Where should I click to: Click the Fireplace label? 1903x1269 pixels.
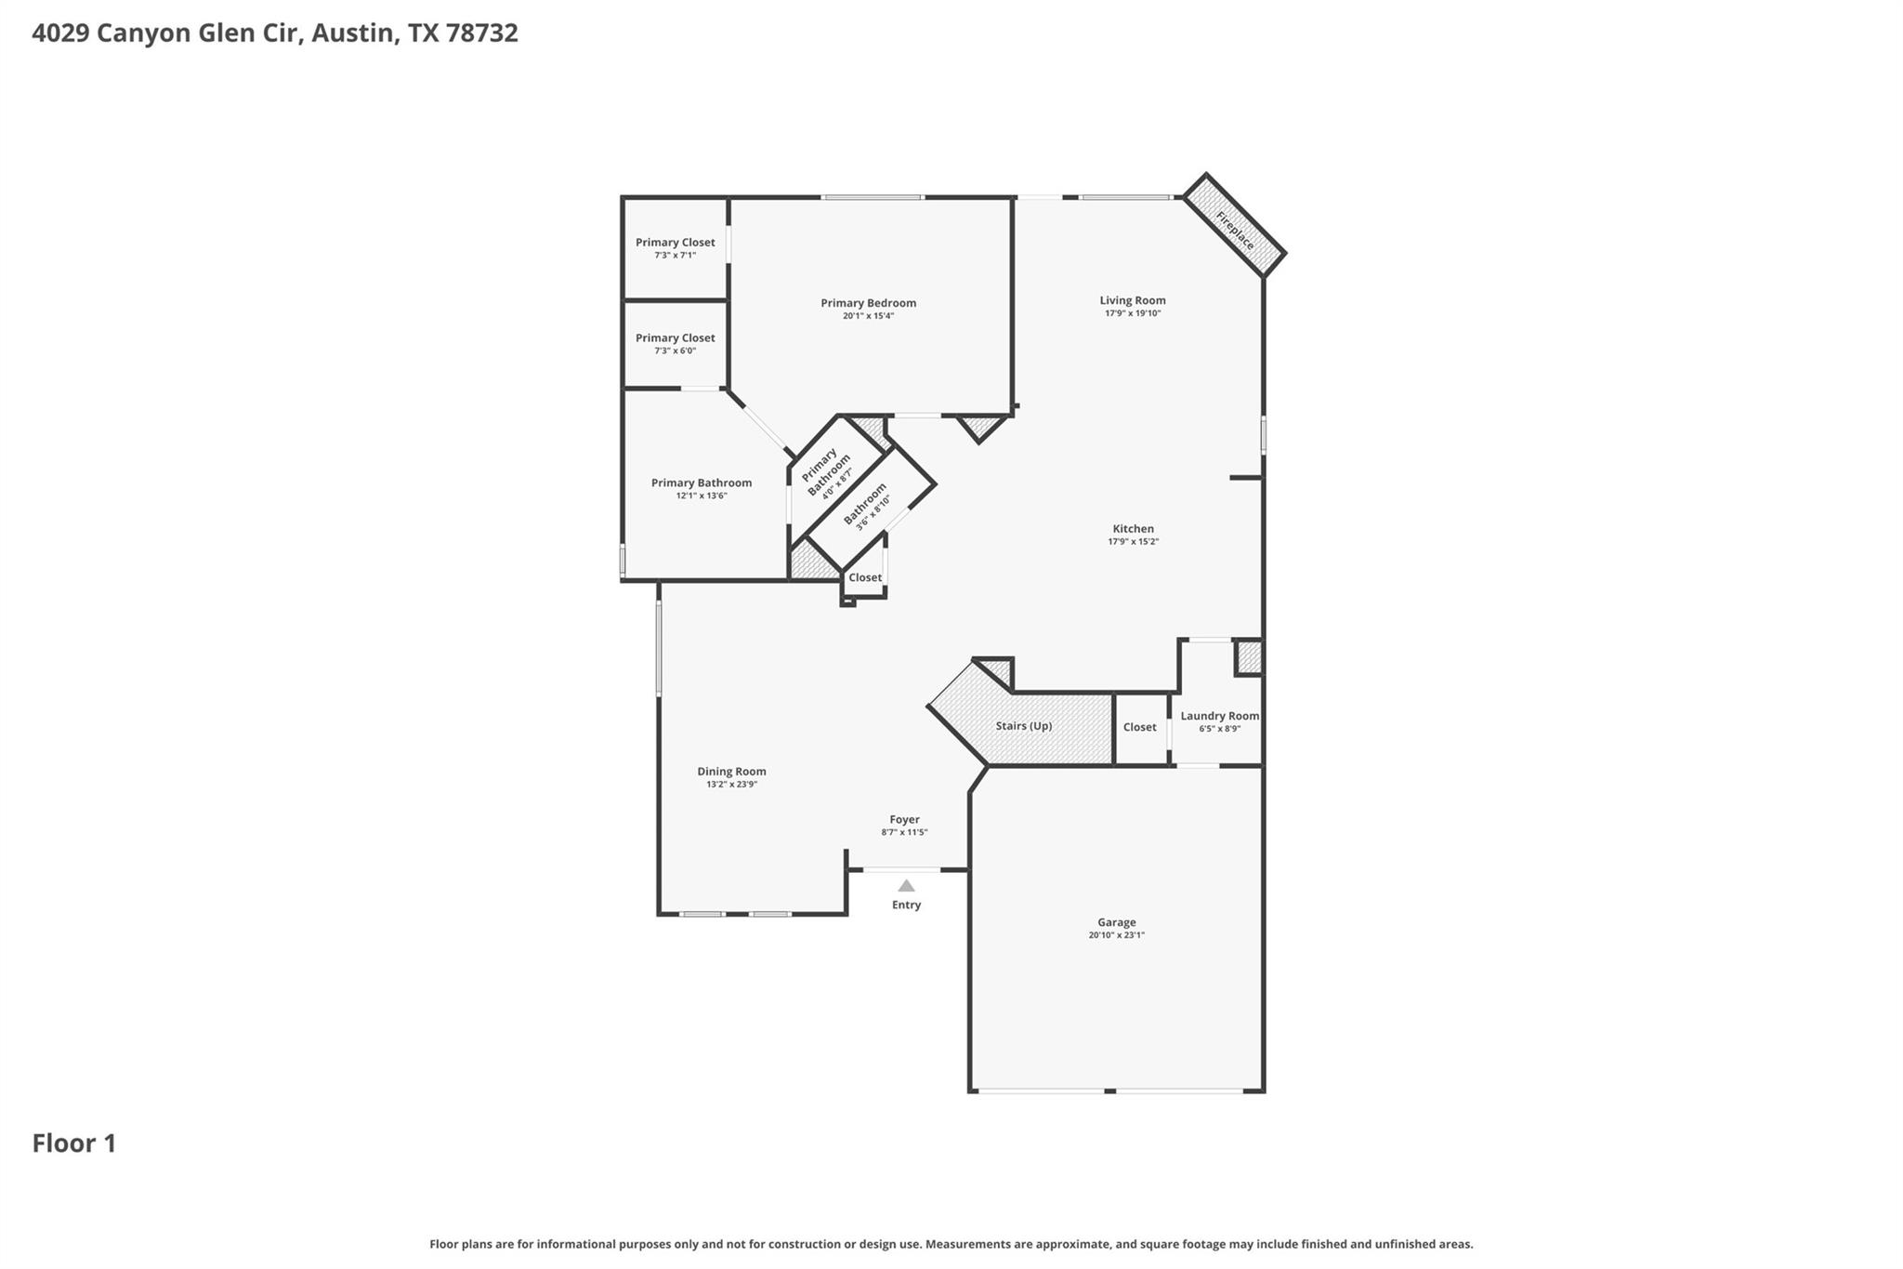(1235, 230)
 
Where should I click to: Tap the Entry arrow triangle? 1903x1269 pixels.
(906, 886)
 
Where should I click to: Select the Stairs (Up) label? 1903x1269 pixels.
(1023, 726)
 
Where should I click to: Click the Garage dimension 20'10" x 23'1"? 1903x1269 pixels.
(1116, 935)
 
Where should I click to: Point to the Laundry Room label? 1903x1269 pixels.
(1219, 716)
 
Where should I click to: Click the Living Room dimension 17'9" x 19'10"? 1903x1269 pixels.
(1133, 313)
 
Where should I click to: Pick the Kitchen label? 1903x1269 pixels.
(1133, 529)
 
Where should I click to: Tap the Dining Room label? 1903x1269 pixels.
(731, 772)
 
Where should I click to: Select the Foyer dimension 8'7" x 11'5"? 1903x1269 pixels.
(904, 832)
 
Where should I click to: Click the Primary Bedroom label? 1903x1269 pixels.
(868, 303)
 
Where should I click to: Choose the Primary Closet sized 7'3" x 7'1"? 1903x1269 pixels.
(675, 243)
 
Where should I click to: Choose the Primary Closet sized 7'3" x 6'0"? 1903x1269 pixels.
(675, 338)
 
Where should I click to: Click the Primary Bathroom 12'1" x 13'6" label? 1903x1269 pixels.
(701, 483)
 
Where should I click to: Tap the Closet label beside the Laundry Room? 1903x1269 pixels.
(1139, 727)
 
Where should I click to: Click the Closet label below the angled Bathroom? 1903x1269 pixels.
(864, 577)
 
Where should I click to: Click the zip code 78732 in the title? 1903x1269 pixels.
(481, 33)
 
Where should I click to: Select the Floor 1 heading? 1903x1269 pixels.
(74, 1143)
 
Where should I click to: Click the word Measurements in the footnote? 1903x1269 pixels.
(969, 1244)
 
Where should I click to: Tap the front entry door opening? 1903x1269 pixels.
(900, 870)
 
